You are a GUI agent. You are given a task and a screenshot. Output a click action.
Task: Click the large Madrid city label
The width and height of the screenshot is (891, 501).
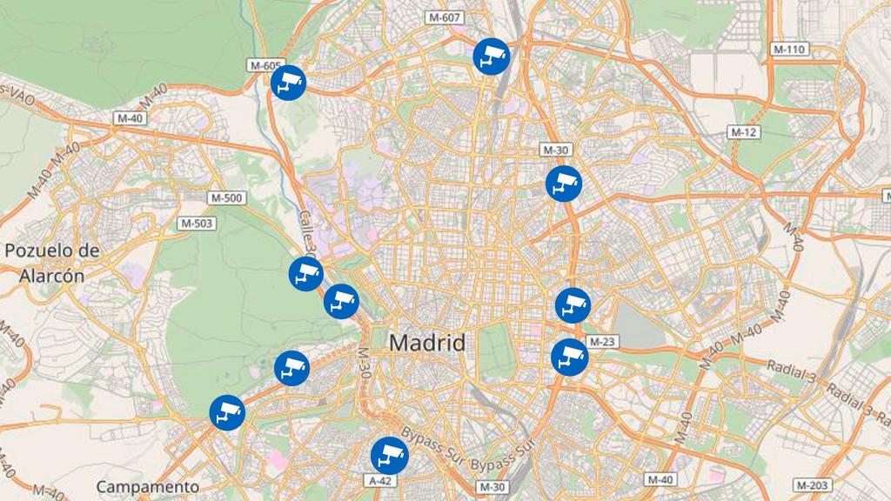tap(426, 343)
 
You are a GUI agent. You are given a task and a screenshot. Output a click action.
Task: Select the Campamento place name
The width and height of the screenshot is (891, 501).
tap(148, 486)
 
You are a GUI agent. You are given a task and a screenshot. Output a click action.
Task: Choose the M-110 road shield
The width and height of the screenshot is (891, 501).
tap(789, 50)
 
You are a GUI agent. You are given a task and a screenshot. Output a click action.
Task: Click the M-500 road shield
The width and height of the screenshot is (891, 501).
tap(226, 198)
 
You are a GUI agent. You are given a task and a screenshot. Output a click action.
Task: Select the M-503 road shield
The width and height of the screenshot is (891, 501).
tap(197, 224)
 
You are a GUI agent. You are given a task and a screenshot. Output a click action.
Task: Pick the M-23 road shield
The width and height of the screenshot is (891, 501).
tap(602, 342)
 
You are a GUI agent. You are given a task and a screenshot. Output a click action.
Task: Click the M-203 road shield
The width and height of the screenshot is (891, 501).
tap(813, 484)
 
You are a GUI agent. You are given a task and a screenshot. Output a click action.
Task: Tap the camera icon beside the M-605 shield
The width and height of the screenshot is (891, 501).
tap(287, 83)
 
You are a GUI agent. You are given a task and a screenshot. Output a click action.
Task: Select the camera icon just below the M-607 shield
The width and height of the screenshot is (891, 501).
tap(491, 57)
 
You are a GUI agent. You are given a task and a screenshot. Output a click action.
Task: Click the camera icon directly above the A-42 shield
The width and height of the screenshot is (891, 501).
tap(389, 455)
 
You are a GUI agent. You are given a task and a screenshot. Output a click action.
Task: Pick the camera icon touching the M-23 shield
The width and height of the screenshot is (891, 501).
tap(570, 357)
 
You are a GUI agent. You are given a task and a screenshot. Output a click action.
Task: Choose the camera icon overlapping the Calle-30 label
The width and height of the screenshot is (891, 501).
tap(306, 274)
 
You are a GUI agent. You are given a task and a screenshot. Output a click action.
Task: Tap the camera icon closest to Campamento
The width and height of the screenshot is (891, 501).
tap(227, 412)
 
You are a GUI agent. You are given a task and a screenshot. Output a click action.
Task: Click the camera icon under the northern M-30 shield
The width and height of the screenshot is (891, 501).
tap(563, 184)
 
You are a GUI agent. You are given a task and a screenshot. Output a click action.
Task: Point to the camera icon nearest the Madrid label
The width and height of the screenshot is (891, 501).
tap(341, 302)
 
